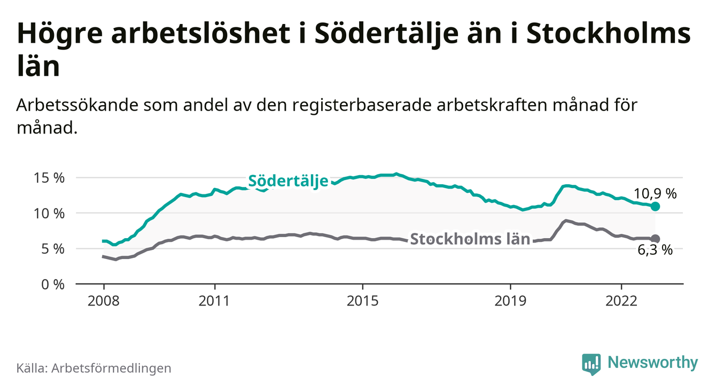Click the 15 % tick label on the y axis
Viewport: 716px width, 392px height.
click(50, 178)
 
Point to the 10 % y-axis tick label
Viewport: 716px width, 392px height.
click(50, 213)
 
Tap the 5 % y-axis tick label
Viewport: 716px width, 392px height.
click(53, 248)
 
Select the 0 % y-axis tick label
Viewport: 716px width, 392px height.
click(53, 284)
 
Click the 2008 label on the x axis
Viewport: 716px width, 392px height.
click(104, 300)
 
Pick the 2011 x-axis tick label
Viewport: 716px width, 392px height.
click(215, 300)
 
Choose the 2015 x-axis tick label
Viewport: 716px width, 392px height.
click(362, 300)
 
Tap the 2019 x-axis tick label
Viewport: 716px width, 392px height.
click(510, 300)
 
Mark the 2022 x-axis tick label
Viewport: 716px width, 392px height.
click(621, 300)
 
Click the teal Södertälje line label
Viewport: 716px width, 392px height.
click(288, 181)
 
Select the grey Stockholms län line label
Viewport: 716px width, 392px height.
click(470, 239)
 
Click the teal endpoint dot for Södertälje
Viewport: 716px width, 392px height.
click(656, 206)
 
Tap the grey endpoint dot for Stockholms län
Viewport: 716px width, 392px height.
click(656, 239)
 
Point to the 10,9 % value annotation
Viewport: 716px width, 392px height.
click(655, 194)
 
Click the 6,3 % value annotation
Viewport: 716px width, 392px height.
click(655, 250)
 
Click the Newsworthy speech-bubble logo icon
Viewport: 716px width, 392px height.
click(591, 364)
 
